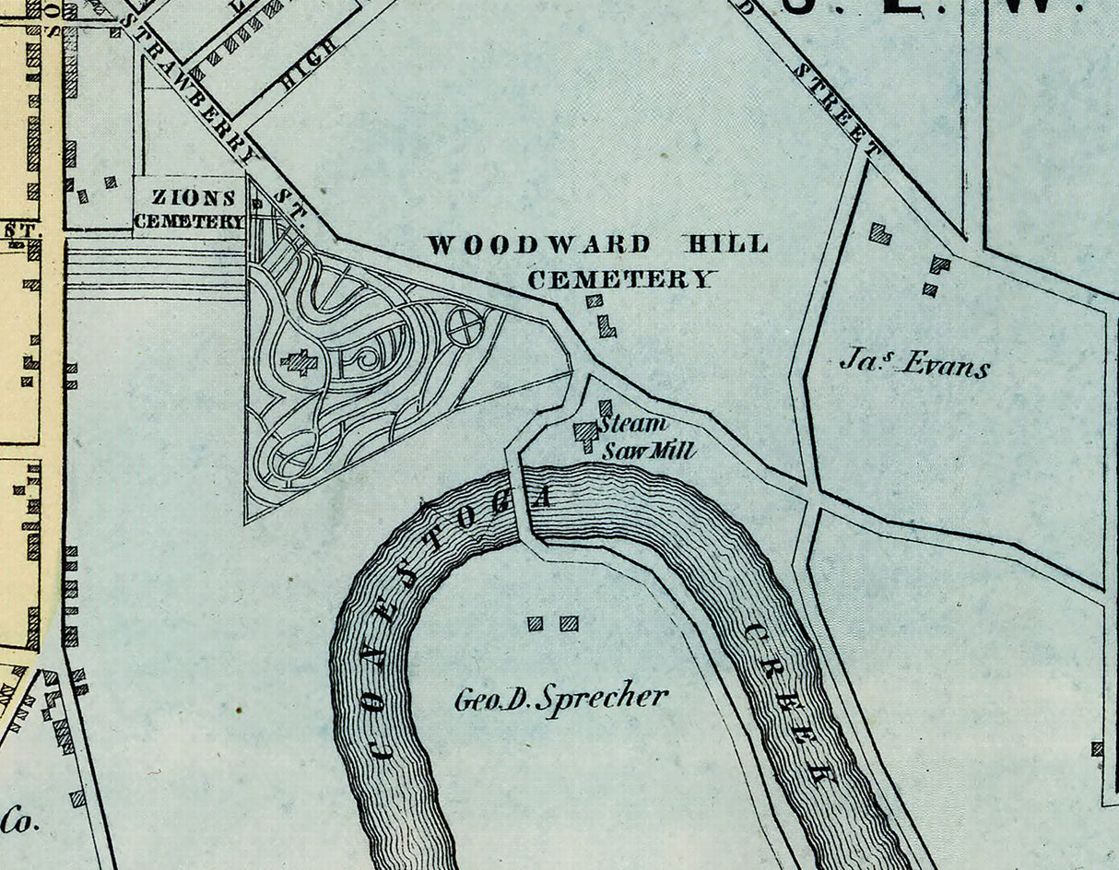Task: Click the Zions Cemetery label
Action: (x=189, y=209)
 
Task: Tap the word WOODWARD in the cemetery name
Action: (x=539, y=245)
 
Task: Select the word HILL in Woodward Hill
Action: (x=724, y=245)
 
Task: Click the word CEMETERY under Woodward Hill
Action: (x=622, y=279)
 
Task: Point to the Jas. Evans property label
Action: (x=913, y=364)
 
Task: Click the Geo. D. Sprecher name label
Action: (x=560, y=700)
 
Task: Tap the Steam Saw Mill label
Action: (x=645, y=438)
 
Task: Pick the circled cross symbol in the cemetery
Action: (x=465, y=326)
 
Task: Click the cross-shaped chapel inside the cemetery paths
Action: (x=298, y=362)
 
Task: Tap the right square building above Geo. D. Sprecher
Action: (x=569, y=624)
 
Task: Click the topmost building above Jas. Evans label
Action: (x=880, y=233)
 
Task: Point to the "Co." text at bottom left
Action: (x=18, y=818)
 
